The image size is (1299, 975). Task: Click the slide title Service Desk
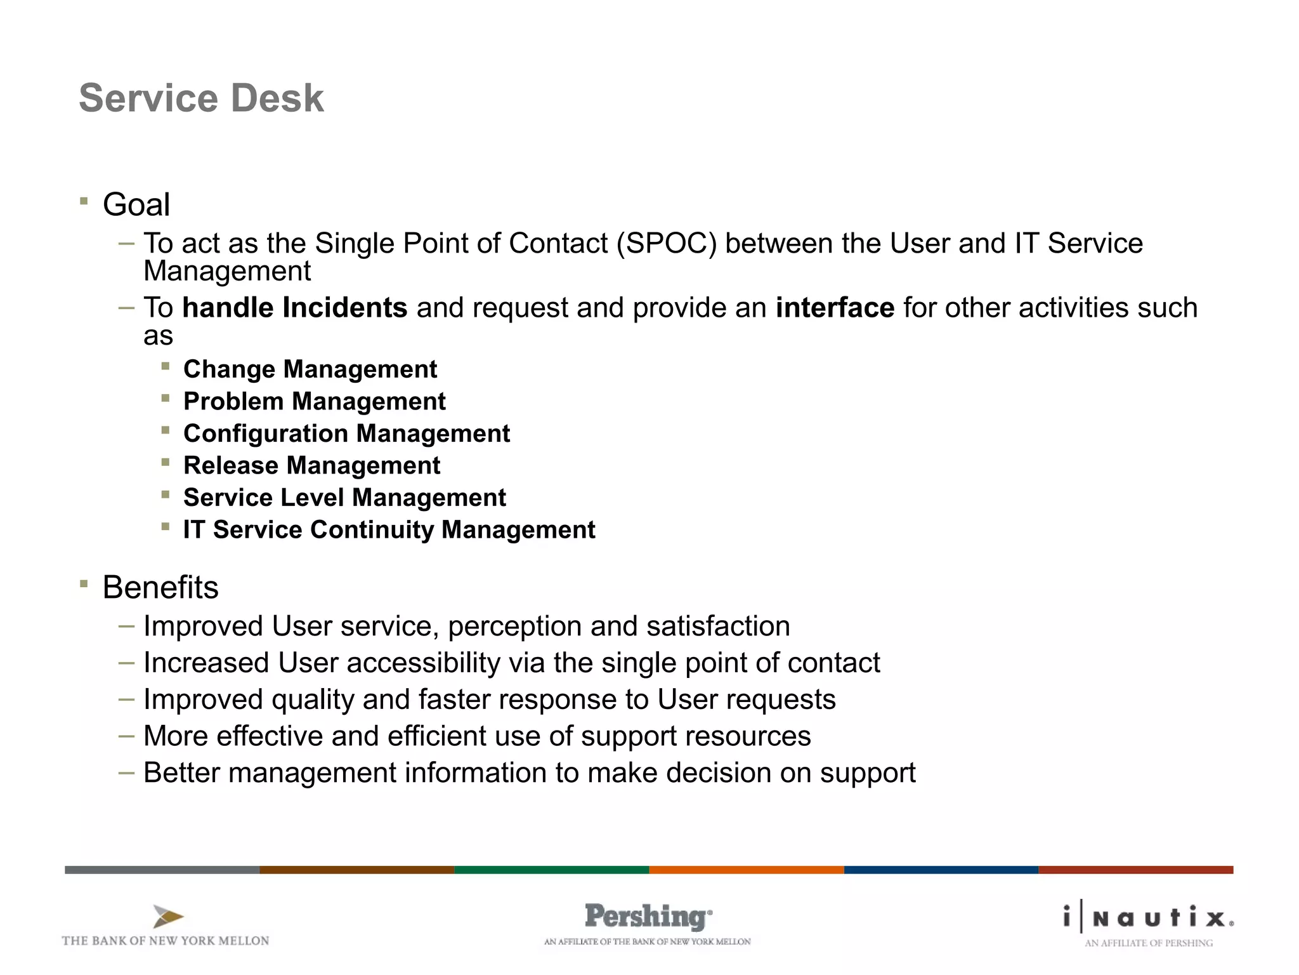pos(201,98)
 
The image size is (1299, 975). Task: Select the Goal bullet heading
pos(136,205)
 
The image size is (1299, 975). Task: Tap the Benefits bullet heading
pos(160,587)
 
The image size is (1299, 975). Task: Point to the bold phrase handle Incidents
pos(294,308)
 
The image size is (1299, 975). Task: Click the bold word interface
pos(835,308)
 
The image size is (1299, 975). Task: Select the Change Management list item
pos(310,369)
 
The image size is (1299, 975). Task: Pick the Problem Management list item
pos(315,402)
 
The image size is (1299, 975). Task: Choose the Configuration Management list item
pos(346,434)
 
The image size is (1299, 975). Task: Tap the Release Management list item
pos(311,466)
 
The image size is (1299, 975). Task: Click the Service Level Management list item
pos(344,498)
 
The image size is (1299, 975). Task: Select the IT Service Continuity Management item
pos(389,530)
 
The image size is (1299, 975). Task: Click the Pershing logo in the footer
pos(648,917)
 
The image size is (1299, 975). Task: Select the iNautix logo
pos(1149,918)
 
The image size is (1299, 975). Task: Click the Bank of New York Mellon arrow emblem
pos(168,917)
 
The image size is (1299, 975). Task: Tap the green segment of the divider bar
pos(552,870)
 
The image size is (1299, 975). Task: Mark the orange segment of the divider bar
pos(747,870)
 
